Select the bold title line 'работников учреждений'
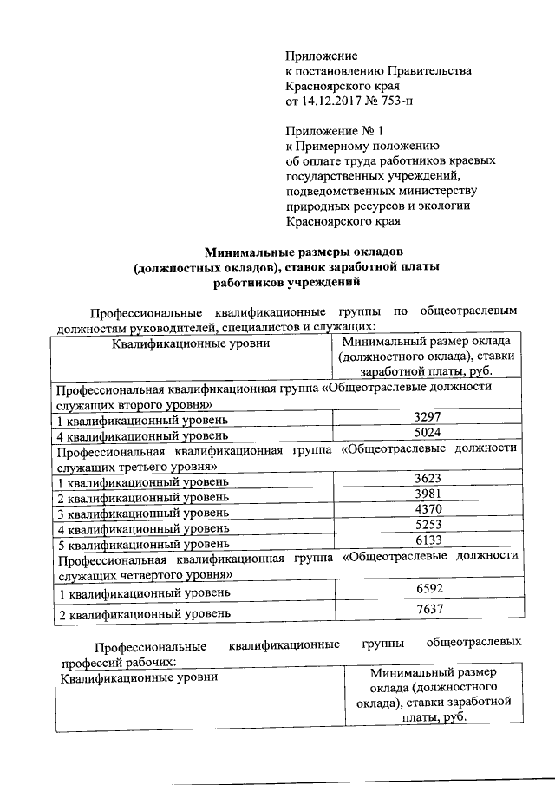tap(285, 282)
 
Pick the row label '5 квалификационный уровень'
tap(140, 544)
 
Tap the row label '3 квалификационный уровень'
tap(140, 514)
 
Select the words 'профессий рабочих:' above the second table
tap(117, 661)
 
